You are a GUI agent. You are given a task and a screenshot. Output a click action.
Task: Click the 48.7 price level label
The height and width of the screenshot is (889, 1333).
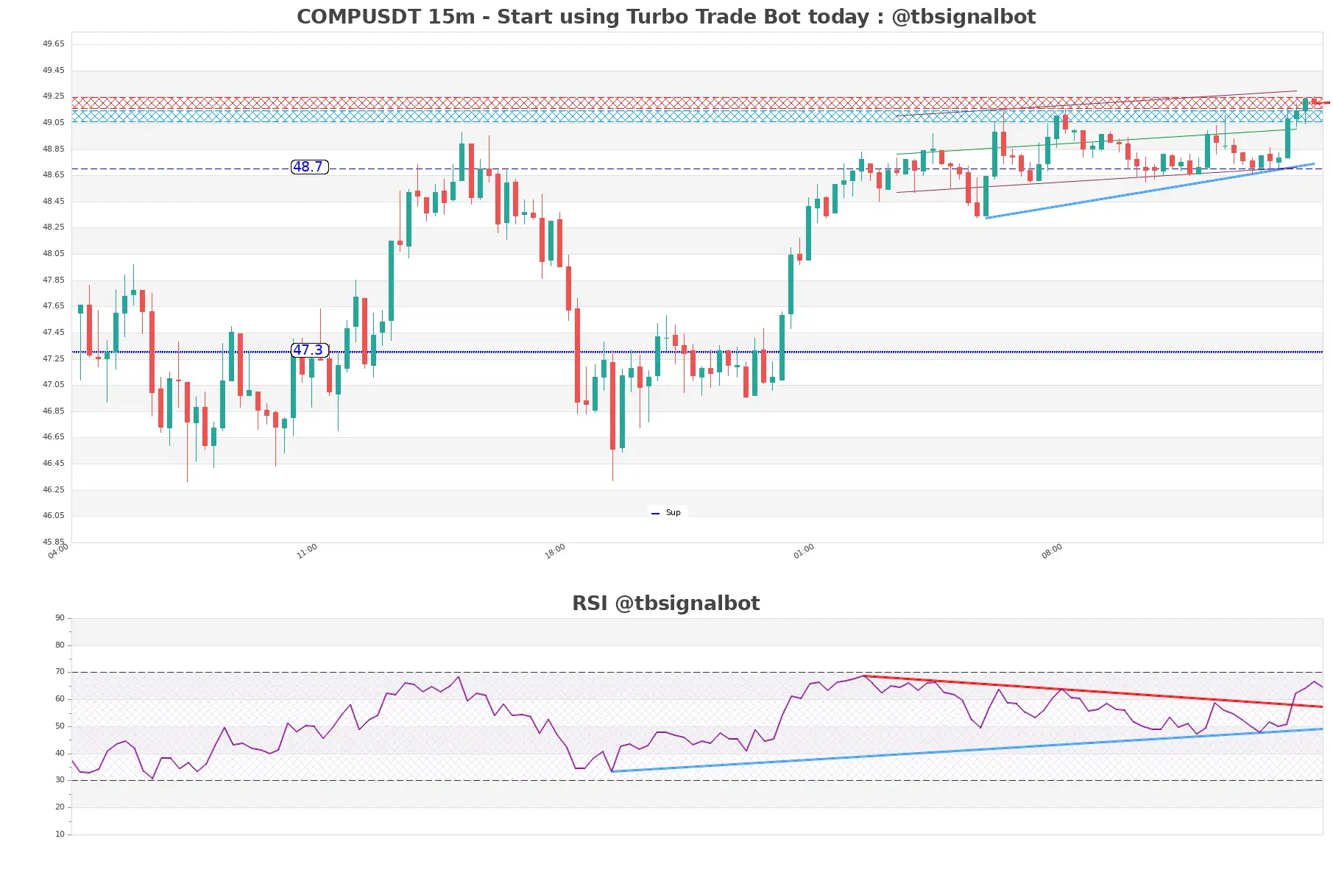309,167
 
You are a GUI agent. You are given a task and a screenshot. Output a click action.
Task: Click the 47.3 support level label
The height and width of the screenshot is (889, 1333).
309,350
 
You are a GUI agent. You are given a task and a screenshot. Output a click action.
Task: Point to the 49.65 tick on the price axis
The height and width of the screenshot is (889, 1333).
53,44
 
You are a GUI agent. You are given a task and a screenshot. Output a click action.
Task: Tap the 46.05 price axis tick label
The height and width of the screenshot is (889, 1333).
53,516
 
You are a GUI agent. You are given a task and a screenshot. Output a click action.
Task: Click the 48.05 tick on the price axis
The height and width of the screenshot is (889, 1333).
53,254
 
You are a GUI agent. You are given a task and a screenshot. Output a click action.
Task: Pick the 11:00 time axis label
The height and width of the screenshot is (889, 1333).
307,551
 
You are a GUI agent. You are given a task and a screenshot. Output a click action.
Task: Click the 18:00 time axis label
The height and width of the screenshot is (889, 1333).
555,551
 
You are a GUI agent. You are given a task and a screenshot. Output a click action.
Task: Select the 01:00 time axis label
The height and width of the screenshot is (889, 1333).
804,551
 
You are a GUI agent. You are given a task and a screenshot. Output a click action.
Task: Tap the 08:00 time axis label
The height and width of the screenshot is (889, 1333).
1052,551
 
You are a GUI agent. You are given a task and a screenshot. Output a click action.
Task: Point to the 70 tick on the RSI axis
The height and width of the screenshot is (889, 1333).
60,672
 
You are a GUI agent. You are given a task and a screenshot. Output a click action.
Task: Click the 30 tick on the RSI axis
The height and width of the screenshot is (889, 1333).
60,780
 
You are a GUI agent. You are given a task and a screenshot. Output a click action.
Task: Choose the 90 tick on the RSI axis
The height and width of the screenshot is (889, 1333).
60,618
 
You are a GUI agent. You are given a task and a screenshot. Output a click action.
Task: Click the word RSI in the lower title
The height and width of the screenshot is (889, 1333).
590,603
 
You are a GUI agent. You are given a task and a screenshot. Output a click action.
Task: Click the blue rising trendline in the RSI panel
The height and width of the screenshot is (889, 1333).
957,751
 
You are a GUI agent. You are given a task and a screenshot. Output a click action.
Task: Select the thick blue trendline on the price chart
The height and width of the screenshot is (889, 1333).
1148,191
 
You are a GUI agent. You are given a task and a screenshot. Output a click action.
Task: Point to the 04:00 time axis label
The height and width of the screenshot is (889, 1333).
58,551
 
